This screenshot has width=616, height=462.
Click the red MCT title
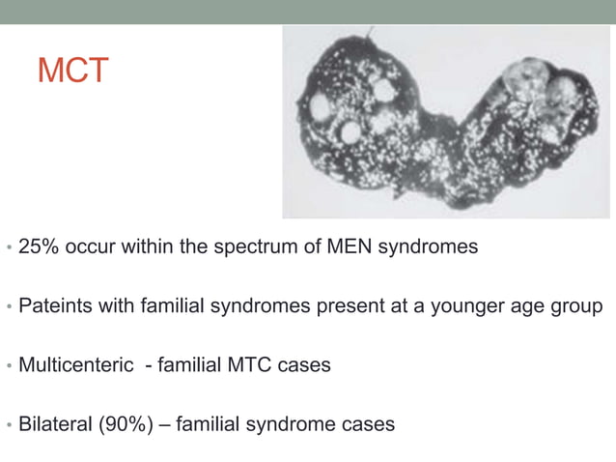pos(72,71)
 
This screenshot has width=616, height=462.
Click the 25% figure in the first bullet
pos(38,246)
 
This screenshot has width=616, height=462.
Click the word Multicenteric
pos(75,365)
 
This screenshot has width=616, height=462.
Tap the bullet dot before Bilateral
pos(9,425)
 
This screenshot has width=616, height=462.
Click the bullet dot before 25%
pos(9,248)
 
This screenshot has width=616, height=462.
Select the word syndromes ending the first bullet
pos(430,247)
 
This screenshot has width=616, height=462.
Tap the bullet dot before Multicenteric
pos(9,366)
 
